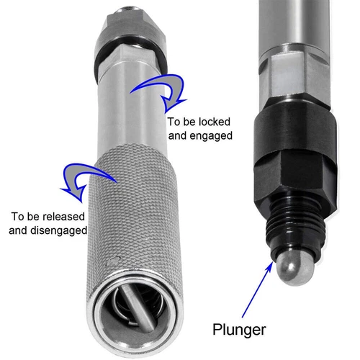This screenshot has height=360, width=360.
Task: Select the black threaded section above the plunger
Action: (291, 223)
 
